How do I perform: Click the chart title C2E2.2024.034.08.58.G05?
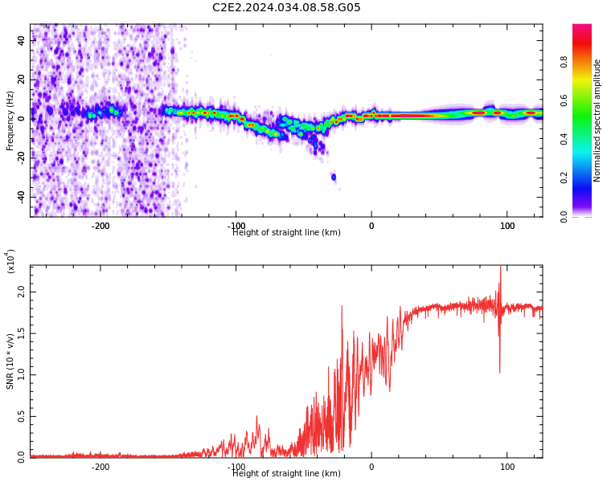point(286,8)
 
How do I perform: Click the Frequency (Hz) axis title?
point(10,120)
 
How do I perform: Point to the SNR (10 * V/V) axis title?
point(10,361)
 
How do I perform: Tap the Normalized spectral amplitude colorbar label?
point(597,120)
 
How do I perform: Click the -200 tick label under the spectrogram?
point(100,227)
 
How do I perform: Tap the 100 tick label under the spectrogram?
point(507,227)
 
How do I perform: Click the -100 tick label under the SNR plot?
point(236,467)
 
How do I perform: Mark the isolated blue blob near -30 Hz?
point(334,177)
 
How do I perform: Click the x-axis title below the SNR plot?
point(286,474)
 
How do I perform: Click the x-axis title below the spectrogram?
point(286,233)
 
